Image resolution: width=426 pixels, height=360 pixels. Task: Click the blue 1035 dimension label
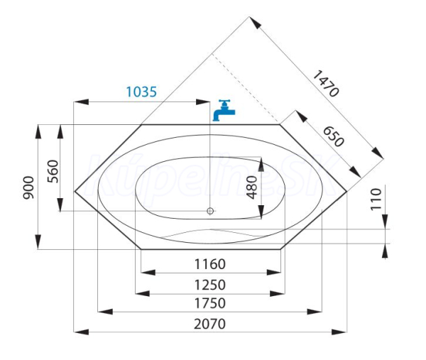tap(141, 92)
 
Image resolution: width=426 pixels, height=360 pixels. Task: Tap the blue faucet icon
tap(224, 110)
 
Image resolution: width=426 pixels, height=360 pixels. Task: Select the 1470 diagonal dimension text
tap(326, 83)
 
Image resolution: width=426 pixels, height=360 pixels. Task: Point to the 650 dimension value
tap(334, 136)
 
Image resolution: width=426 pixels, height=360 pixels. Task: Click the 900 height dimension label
tap(28, 187)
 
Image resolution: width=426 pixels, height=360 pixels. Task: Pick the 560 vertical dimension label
tap(53, 171)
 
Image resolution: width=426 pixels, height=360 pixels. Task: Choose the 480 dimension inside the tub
tap(252, 187)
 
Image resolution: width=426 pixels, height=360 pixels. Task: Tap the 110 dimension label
tap(376, 199)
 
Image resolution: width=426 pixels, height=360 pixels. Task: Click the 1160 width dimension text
tap(210, 264)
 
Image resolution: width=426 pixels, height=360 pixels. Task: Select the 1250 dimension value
tap(210, 285)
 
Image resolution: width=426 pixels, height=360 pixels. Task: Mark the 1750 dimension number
tap(210, 303)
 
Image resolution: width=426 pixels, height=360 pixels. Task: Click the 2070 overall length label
tap(209, 324)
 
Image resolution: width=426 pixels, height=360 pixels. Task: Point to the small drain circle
tap(210, 211)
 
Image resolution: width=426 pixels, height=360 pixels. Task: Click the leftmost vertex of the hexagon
tap(75, 191)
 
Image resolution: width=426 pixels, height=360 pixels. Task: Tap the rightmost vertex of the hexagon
tap(347, 192)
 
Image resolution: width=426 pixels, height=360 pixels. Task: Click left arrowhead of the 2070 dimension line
tap(81, 332)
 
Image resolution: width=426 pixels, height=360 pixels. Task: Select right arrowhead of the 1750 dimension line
tap(315, 312)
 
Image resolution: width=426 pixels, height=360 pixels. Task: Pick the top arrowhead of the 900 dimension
tap(38, 132)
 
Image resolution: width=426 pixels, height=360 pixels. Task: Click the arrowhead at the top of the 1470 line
tap(255, 22)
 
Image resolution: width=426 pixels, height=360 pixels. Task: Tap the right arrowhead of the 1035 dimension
tap(202, 102)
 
